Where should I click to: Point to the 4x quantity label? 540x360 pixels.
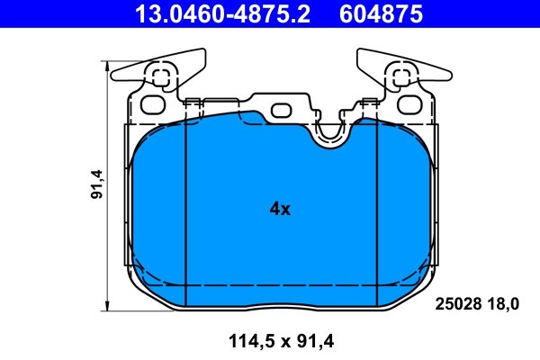click(x=280, y=210)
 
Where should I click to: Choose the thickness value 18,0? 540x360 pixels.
click(x=503, y=303)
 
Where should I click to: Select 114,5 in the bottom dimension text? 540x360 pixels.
click(x=237, y=339)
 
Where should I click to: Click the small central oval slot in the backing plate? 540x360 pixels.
click(x=281, y=111)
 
